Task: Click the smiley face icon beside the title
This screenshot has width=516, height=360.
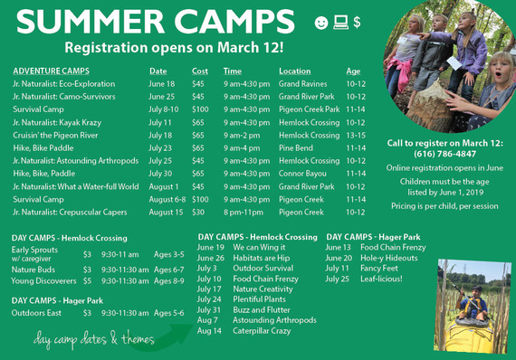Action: click(x=321, y=21)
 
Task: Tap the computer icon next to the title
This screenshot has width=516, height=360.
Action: click(x=341, y=21)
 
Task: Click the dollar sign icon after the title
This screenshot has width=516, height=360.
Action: click(x=358, y=21)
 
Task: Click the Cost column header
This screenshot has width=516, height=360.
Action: click(x=199, y=71)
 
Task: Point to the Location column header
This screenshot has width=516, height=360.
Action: click(x=294, y=71)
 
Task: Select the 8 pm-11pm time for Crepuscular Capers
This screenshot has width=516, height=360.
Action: click(x=244, y=213)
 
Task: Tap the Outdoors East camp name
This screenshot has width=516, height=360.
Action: click(x=37, y=312)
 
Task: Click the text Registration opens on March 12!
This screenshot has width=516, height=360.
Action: click(x=174, y=46)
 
